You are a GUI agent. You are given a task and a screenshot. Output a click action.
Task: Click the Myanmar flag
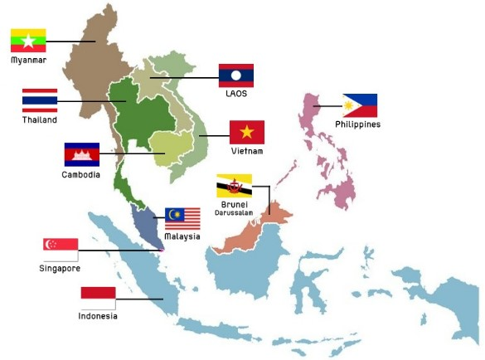[28, 41]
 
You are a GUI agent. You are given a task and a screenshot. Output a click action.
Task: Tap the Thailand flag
[40, 100]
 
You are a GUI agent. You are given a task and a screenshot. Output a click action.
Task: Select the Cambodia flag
[81, 154]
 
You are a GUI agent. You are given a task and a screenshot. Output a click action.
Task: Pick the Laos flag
[235, 75]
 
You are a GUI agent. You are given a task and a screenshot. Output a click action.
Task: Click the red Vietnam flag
[246, 132]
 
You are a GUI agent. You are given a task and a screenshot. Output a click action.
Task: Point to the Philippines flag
[360, 105]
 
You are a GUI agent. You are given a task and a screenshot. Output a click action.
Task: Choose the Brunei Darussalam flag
[234, 186]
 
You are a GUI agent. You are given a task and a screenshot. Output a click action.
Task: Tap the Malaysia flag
[182, 219]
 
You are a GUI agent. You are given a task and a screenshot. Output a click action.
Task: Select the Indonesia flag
[98, 298]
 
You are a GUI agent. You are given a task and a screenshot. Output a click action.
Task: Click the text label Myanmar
[28, 61]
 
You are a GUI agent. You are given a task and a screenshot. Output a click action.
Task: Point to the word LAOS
[236, 94]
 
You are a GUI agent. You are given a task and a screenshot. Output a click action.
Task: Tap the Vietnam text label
[247, 152]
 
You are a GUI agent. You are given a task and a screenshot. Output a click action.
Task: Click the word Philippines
[357, 124]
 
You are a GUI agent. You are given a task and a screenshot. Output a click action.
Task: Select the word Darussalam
[235, 212]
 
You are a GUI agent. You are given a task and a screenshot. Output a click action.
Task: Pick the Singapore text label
[60, 268]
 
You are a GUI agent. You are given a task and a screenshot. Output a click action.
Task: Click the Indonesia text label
[98, 316]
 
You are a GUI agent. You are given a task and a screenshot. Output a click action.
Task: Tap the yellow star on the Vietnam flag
[246, 132]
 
